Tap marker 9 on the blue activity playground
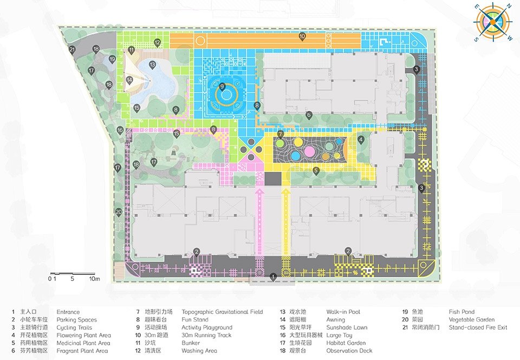click(x=222, y=87)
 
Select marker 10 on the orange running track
click(x=302, y=36)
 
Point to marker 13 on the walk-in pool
click(x=152, y=64)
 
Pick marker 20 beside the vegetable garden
click(x=119, y=212)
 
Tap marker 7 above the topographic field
click(x=281, y=134)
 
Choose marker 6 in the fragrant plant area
click(x=309, y=115)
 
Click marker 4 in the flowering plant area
click(x=361, y=140)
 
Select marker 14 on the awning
click(x=129, y=80)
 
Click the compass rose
click(x=493, y=22)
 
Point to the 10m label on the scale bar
click(x=94, y=279)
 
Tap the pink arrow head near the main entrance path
click(x=259, y=191)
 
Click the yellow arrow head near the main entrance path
click(x=286, y=191)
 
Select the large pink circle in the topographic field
click(x=310, y=151)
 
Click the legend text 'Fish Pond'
click(x=461, y=312)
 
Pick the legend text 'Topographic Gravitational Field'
click(x=222, y=312)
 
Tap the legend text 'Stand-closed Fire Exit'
click(x=478, y=328)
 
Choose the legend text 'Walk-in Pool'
click(x=343, y=312)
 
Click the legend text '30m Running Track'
click(x=206, y=336)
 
